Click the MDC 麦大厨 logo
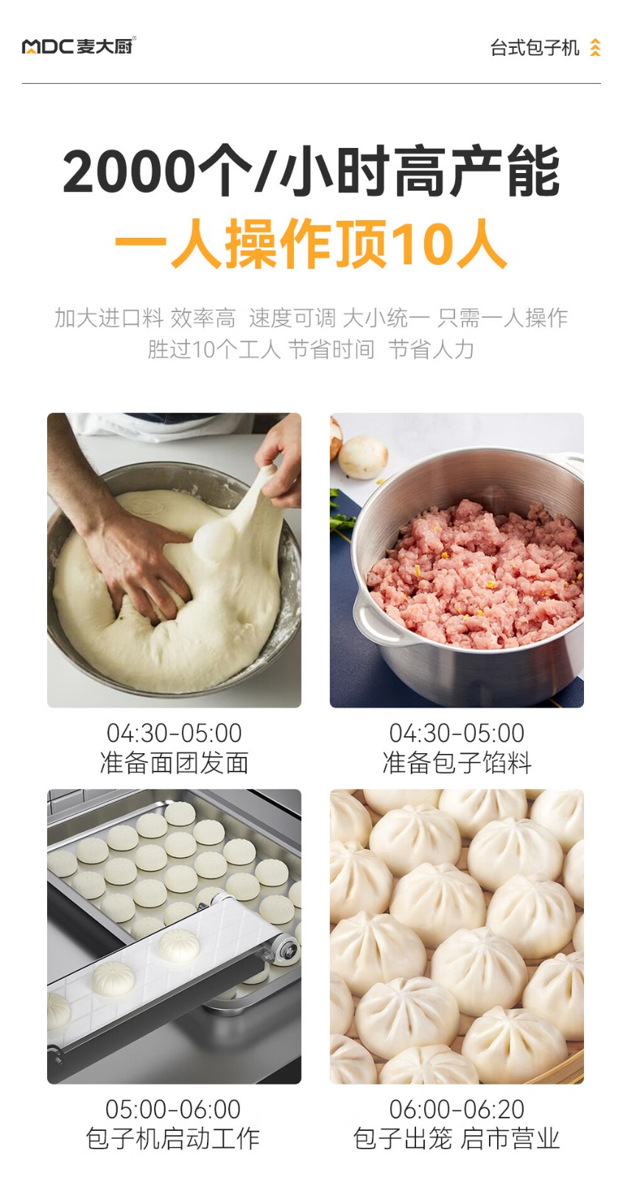[x=78, y=46]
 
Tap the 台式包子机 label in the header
[x=535, y=48]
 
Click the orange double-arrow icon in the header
[x=595, y=47]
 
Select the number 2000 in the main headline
[x=129, y=172]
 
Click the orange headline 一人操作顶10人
[x=311, y=244]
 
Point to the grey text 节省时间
[x=331, y=349]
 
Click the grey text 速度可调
[x=292, y=317]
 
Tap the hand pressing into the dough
[x=132, y=557]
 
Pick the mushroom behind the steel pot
[x=362, y=457]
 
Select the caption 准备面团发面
[x=175, y=763]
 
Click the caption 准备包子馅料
[x=457, y=763]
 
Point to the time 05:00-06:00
[x=173, y=1109]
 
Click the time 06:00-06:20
[x=457, y=1109]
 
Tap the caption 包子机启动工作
[x=173, y=1138]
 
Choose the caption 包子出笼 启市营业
[x=457, y=1138]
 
